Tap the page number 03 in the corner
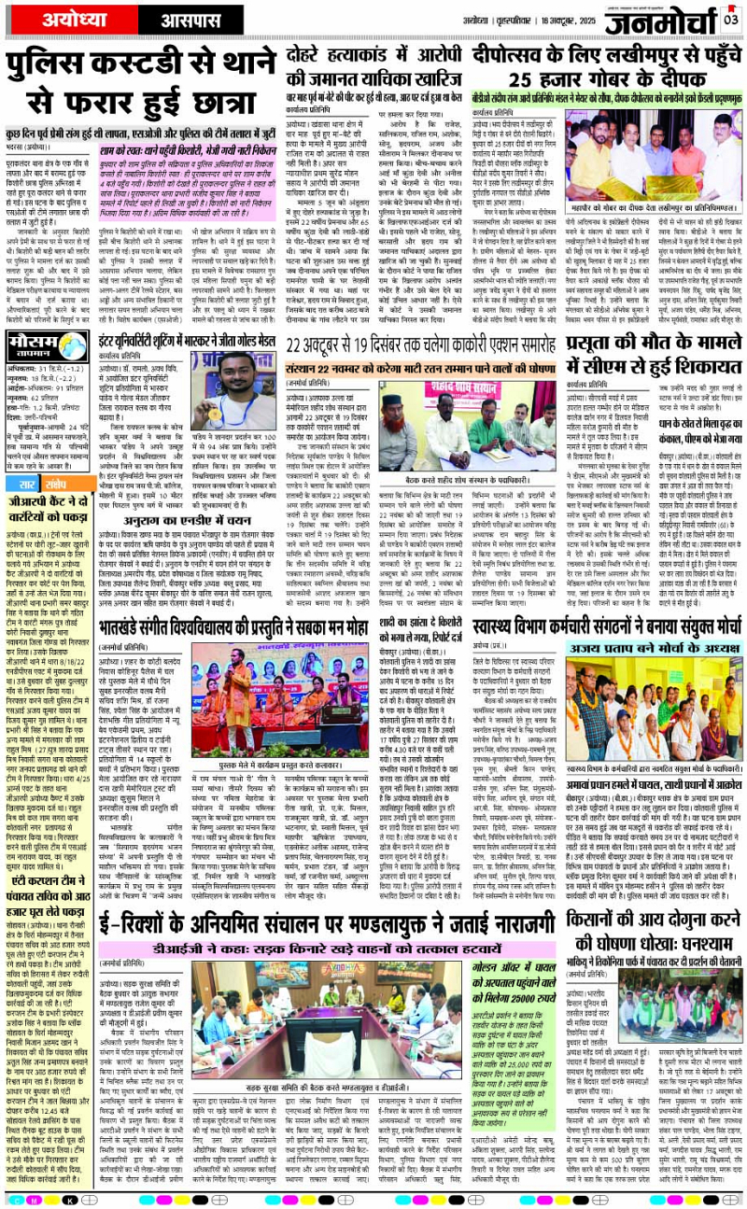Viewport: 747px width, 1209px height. (x=731, y=19)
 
